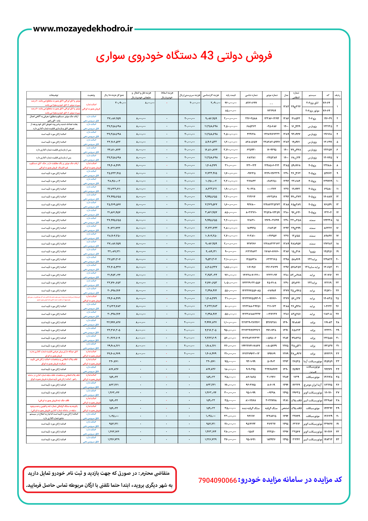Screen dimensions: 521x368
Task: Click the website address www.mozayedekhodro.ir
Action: [83, 29]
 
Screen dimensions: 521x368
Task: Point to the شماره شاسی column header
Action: [251, 95]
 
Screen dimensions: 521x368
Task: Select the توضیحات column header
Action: [54, 95]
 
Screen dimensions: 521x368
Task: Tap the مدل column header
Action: [286, 95]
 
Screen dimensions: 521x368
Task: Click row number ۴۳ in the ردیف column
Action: [337, 439]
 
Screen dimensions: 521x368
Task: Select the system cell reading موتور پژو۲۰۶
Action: [313, 111]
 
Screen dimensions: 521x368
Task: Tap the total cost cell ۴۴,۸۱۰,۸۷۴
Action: [114, 150]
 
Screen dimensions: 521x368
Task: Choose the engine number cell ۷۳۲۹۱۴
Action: [271, 111]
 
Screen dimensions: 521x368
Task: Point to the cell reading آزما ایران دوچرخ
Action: [312, 385]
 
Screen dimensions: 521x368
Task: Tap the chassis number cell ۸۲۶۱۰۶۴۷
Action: [251, 103]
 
